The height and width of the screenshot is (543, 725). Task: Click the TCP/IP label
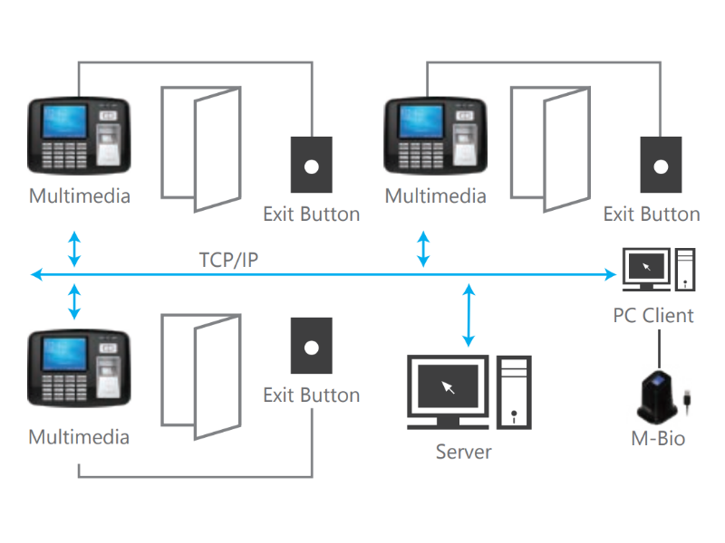tap(228, 260)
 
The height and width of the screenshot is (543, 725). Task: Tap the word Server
tap(463, 452)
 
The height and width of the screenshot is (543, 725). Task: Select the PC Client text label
tap(652, 316)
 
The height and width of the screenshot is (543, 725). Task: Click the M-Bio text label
tap(658, 438)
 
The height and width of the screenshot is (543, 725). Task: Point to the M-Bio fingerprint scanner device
tap(657, 397)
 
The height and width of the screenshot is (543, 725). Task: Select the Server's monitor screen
tap(448, 386)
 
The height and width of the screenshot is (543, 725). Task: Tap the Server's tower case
tap(514, 393)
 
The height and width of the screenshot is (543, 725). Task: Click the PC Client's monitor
tap(646, 269)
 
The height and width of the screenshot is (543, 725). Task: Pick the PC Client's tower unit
tap(685, 270)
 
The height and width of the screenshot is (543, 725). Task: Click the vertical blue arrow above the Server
tap(469, 315)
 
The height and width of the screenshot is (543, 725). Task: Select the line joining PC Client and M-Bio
tap(659, 349)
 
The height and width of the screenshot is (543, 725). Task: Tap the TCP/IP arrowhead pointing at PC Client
tap(610, 275)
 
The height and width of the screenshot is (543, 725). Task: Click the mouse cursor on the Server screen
tap(448, 387)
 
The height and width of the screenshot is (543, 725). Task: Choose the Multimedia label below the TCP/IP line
tap(79, 437)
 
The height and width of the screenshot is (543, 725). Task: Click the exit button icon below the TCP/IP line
tap(311, 346)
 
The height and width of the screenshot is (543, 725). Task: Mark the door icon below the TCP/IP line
tap(200, 376)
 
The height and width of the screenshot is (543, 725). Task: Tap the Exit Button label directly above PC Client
tap(652, 214)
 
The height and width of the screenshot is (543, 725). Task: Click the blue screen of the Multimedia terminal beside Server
tap(63, 354)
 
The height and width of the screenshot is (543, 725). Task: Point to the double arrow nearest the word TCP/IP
tap(74, 250)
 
